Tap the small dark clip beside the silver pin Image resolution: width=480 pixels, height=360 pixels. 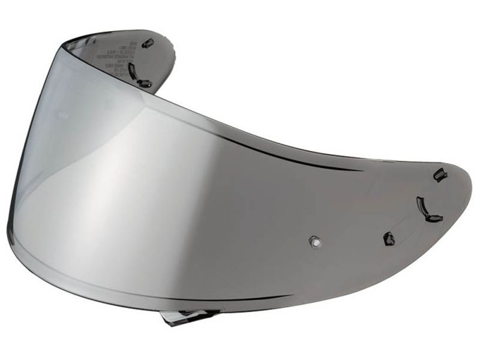pos(389,238)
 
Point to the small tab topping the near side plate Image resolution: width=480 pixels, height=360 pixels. pos(440,175)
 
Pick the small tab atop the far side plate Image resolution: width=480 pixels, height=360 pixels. pos(149,43)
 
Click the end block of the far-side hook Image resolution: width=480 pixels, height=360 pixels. pos(145,84)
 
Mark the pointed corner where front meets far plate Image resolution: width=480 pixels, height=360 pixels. pos(65,40)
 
